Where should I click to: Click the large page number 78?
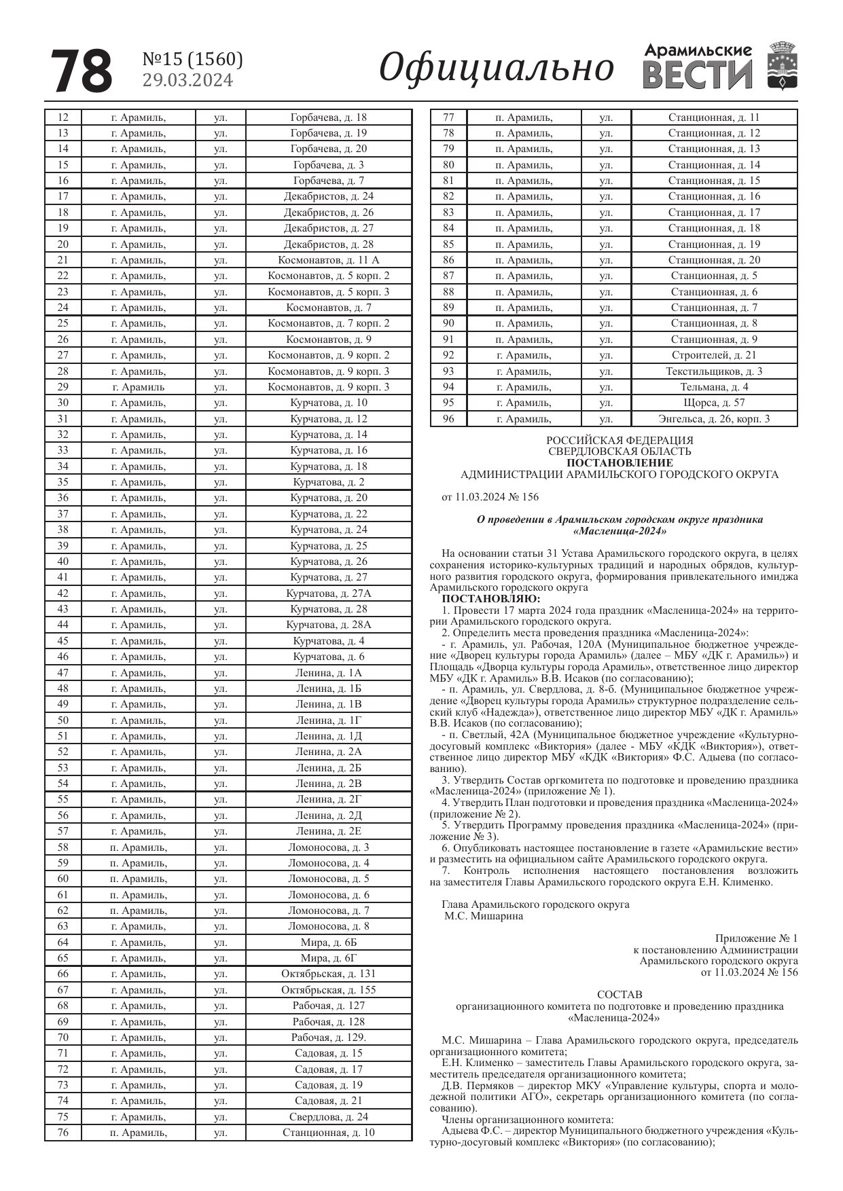pyautogui.click(x=81, y=71)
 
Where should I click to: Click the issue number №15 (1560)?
pyautogui.click(x=192, y=60)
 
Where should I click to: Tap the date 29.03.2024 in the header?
pyautogui.click(x=187, y=81)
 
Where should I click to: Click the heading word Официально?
pyautogui.click(x=496, y=69)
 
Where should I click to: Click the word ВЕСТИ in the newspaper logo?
pyautogui.click(x=698, y=75)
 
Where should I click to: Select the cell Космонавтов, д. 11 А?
pyautogui.click(x=329, y=260)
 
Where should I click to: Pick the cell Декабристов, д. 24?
pyautogui.click(x=329, y=196)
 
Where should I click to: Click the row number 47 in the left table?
pyautogui.click(x=62, y=673)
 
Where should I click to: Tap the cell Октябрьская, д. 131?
pyautogui.click(x=329, y=974)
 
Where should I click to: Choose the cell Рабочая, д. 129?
pyautogui.click(x=329, y=1038)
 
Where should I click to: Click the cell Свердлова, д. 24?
pyautogui.click(x=329, y=1117)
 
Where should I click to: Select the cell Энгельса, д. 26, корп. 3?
pyautogui.click(x=714, y=419)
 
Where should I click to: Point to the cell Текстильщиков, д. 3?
pyautogui.click(x=714, y=371)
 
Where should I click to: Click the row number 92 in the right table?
pyautogui.click(x=448, y=355)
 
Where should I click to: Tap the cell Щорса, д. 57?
pyautogui.click(x=714, y=403)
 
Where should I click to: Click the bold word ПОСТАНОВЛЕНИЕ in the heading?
pyautogui.click(x=620, y=463)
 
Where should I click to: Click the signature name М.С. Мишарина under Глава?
pyautogui.click(x=484, y=916)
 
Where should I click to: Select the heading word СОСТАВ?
pyautogui.click(x=620, y=995)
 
